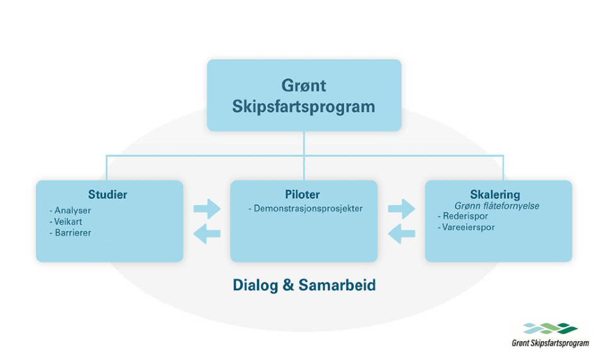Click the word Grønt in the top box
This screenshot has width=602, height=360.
point(304,86)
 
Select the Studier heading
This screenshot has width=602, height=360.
point(108,194)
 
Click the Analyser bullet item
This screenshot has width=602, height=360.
point(71,211)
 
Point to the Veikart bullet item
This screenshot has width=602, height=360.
point(66,222)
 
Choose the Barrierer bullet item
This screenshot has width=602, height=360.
point(71,233)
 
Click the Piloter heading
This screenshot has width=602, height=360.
point(302,194)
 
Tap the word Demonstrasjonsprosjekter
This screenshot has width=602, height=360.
point(305,209)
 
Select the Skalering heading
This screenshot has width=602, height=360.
point(495,194)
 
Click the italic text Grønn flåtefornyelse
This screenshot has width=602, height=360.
point(497,206)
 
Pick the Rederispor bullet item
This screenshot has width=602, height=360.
point(463,216)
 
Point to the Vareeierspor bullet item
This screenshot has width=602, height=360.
point(466,227)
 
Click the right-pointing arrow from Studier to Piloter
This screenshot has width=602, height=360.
point(207,209)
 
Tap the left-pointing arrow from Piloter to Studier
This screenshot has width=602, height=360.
point(207,233)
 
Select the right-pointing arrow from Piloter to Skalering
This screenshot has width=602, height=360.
point(402,209)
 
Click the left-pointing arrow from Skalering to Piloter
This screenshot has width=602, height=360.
point(402,233)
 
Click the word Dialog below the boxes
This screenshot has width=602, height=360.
point(256,286)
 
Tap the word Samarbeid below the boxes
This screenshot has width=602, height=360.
point(337,285)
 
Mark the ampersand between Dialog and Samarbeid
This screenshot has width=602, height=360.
point(288,285)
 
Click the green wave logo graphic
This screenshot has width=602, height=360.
point(550,329)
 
